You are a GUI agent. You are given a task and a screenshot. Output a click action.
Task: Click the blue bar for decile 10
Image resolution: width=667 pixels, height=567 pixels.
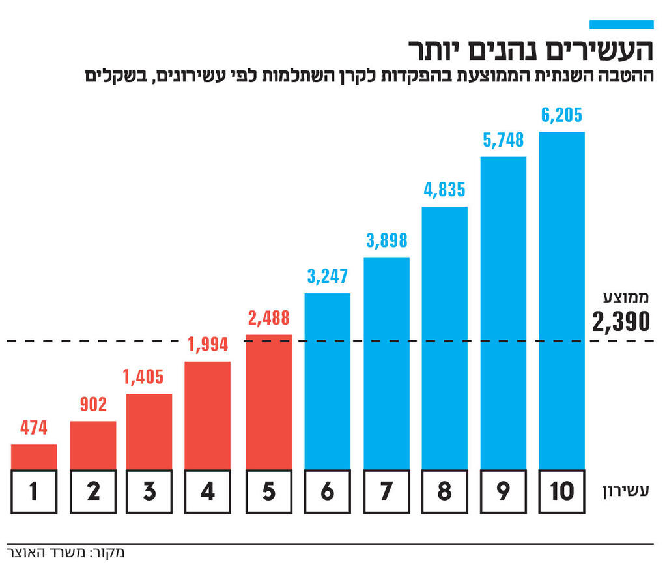561,300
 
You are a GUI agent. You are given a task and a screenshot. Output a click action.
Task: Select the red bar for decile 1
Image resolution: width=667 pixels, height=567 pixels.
34,457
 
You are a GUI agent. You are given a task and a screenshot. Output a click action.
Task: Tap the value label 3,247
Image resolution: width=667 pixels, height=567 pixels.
328,276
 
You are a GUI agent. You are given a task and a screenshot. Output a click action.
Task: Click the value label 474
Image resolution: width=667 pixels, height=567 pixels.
34,428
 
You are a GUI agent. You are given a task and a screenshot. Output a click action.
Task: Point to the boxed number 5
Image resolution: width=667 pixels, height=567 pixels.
269,491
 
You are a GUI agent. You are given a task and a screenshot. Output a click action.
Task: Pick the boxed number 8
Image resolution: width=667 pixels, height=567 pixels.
445,491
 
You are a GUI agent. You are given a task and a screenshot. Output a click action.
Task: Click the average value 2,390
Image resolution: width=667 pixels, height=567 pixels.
621,321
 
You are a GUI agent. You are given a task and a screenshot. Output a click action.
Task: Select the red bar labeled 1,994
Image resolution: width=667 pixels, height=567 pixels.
208,415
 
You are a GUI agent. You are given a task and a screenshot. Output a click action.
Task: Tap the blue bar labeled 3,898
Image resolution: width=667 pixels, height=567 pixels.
387,363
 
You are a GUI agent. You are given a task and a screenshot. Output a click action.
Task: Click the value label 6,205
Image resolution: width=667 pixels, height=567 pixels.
561,115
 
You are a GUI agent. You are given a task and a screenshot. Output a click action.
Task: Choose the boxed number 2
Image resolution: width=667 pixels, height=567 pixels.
93,491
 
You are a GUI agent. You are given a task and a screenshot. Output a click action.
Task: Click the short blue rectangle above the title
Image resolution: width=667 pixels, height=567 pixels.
621,24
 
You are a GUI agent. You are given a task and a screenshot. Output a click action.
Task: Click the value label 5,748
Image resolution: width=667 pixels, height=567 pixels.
503,140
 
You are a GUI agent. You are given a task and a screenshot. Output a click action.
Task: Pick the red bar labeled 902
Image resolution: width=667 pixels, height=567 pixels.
93,445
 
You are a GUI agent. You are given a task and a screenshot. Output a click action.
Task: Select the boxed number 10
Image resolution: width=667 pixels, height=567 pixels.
561,491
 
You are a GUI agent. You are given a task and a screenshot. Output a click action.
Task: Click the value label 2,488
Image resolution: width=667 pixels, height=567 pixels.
269,318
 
